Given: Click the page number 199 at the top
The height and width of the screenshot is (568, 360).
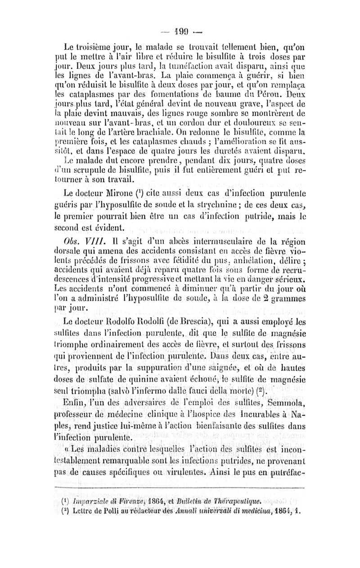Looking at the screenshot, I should click(179, 32).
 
